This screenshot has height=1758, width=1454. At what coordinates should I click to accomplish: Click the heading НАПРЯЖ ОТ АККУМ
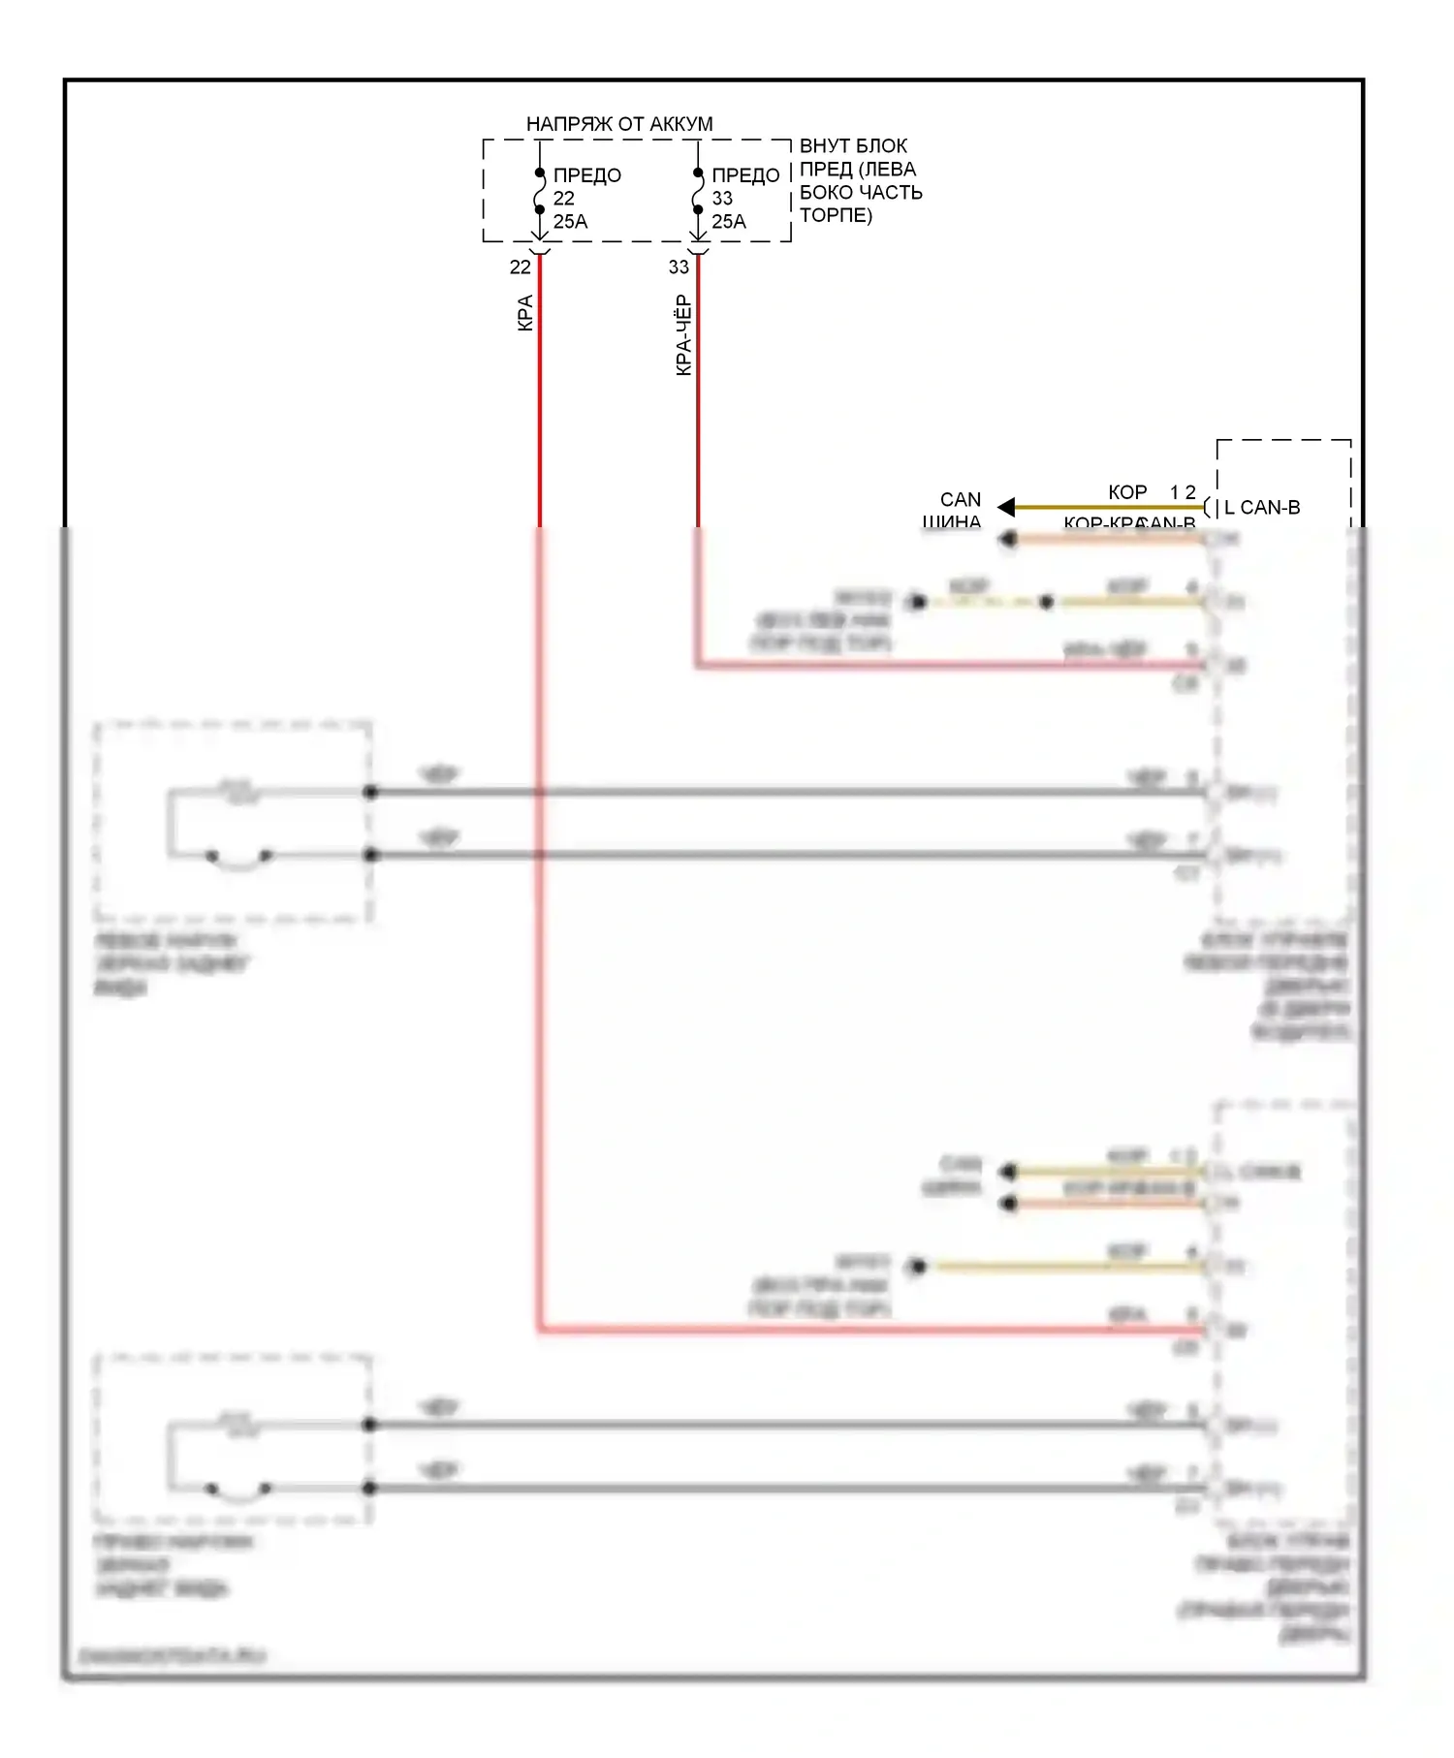pos(618,124)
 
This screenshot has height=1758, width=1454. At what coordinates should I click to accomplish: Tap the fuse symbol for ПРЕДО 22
pos(540,192)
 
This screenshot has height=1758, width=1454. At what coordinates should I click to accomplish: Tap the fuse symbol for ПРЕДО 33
pos(698,192)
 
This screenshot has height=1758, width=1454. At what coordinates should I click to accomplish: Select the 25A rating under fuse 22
pos(570,222)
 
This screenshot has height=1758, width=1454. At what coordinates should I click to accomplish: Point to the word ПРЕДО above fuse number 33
pos(745,175)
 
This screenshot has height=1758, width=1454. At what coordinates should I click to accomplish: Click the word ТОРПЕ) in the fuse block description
pos(836,215)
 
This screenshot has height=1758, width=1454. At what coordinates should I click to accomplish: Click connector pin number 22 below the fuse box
pos(521,267)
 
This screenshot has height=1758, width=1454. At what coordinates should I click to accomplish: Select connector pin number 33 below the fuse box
pos(679,267)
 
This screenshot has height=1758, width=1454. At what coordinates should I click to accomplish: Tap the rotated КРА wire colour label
pos(524,313)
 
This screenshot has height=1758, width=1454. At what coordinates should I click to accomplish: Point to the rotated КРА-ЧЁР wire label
pos(683,334)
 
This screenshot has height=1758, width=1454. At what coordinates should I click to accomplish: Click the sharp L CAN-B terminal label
pos(1262,508)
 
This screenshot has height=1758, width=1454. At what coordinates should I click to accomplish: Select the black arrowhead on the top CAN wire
pos(1006,507)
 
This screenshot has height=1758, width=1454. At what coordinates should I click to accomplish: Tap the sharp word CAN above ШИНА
pos(960,499)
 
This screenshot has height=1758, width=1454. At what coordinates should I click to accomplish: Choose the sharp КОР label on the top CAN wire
pos(1127,492)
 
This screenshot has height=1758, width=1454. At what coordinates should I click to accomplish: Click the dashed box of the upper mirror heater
pos(233,821)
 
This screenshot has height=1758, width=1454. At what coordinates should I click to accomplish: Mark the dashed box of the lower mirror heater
pos(233,1439)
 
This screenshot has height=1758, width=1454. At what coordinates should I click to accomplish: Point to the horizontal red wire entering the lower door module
pos(872,1331)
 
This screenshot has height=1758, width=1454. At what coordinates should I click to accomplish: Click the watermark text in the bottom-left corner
pos(172,1656)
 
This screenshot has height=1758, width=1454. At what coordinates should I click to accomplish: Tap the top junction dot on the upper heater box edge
pos(370,792)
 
